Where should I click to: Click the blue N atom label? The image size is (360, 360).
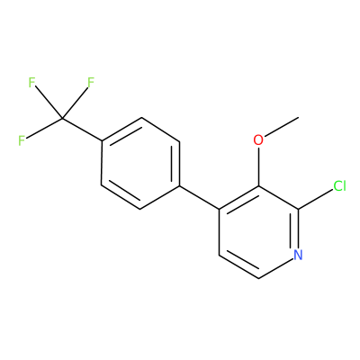tap(298, 255)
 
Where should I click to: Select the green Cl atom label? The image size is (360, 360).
tap(339, 186)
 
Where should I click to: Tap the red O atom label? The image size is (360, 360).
tap(258, 140)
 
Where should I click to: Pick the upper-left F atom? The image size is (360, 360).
tap(31, 83)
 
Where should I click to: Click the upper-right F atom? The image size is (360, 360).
tap(91, 83)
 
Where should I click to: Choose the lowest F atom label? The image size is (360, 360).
tap(22, 140)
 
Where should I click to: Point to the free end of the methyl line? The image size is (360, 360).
tap(299, 117)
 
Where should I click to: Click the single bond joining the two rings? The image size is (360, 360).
tap(200, 197)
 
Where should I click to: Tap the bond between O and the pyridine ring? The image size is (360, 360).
tap(258, 166)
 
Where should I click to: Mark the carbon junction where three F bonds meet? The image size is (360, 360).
tap(62, 118)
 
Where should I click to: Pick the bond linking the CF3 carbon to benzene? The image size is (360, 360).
tap(82, 130)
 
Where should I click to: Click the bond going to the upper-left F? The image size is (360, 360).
tap(49, 103)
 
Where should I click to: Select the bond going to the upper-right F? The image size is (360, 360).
tap(75, 103)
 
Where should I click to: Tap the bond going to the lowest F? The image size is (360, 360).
tap(44, 129)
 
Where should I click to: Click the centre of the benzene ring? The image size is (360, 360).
tap(140, 164)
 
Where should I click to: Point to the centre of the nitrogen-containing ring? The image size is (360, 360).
tap(258, 232)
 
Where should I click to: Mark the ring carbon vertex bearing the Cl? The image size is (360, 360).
tap(298, 209)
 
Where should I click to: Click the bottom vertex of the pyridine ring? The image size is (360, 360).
tap(258, 278)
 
